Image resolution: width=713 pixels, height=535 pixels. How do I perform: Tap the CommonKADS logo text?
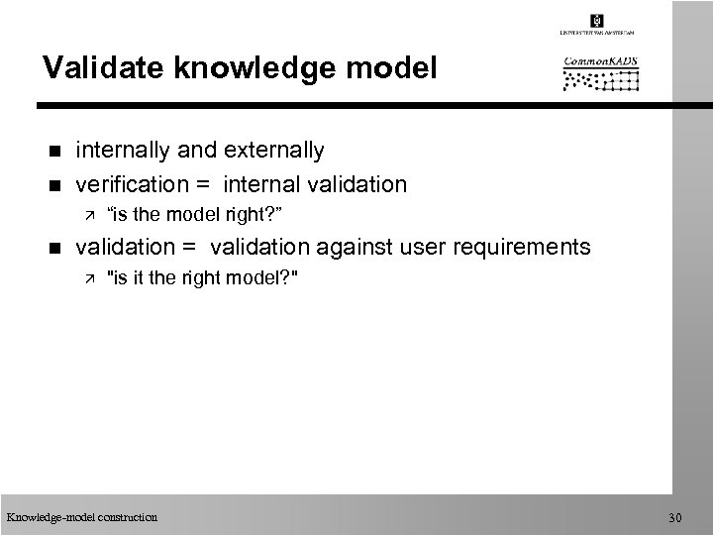pyautogui.click(x=600, y=60)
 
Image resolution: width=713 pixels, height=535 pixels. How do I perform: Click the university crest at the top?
pyautogui.click(x=597, y=21)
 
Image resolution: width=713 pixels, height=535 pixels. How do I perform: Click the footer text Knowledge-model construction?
pyautogui.click(x=81, y=516)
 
